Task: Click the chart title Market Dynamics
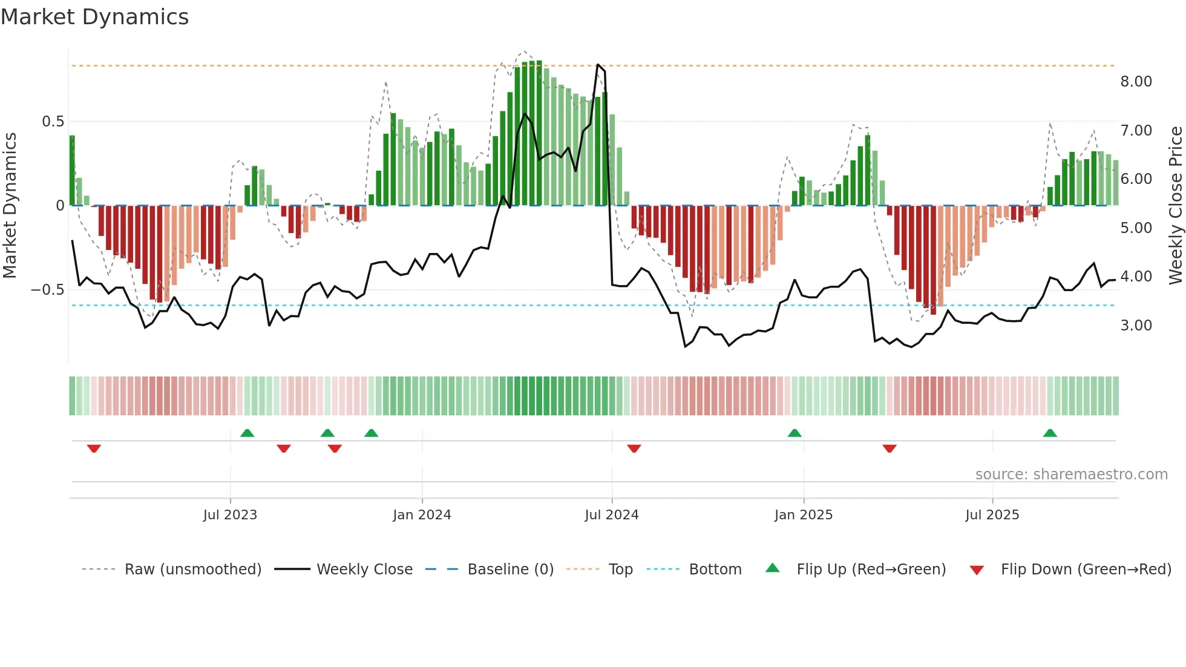click(x=95, y=17)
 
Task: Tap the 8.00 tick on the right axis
click(x=1136, y=82)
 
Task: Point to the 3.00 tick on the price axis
click(x=1136, y=326)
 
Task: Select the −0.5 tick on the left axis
click(x=47, y=290)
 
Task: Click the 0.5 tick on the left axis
click(x=53, y=122)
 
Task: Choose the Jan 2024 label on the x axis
click(x=422, y=515)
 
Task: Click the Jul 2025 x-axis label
click(x=992, y=515)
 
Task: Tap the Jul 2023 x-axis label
click(x=230, y=515)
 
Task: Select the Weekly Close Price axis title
click(x=1175, y=205)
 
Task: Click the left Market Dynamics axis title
click(x=10, y=205)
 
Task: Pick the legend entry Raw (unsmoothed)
click(x=192, y=570)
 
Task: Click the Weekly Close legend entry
click(x=364, y=570)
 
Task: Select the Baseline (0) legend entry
click(x=510, y=570)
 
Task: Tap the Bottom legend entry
click(x=715, y=570)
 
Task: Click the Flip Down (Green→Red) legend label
click(x=1086, y=570)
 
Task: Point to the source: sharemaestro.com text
click(x=1071, y=475)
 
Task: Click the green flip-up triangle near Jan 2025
click(x=794, y=433)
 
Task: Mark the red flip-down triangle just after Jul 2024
click(x=634, y=448)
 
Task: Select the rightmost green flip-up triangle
click(x=1050, y=433)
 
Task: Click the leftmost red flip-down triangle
click(x=94, y=448)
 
